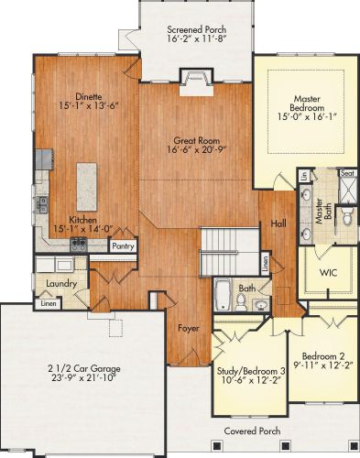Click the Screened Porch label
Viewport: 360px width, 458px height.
click(x=197, y=29)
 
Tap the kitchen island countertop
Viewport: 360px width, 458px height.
click(x=87, y=187)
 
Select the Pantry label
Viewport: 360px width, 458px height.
click(x=123, y=246)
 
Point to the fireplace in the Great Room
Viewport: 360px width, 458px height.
click(x=196, y=82)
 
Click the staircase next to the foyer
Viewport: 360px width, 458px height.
click(x=230, y=251)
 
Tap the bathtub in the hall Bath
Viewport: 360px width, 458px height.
click(x=224, y=294)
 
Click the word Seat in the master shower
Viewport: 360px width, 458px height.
click(x=347, y=173)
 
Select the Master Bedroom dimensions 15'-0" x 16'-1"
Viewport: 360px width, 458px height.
click(x=307, y=116)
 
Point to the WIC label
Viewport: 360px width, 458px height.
click(x=328, y=272)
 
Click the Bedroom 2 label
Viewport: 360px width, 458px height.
click(x=323, y=356)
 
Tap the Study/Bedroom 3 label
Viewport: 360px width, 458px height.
click(x=251, y=371)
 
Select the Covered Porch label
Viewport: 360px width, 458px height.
click(x=252, y=431)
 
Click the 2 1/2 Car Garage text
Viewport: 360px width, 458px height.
click(x=84, y=368)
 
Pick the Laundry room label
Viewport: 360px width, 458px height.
click(x=61, y=284)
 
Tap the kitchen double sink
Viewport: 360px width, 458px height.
click(x=42, y=204)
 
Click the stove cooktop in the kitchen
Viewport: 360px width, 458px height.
click(x=79, y=245)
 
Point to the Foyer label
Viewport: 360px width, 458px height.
click(x=189, y=328)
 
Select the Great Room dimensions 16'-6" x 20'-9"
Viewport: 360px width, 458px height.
click(x=196, y=149)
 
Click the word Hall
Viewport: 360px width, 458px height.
click(x=278, y=224)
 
